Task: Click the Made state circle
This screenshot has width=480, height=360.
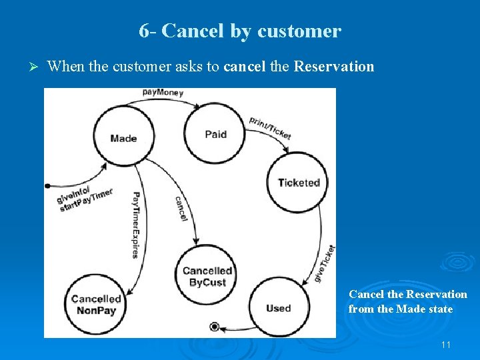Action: pos(123,138)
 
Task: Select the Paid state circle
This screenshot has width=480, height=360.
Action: pos(215,134)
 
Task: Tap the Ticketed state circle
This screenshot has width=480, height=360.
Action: pos(299,183)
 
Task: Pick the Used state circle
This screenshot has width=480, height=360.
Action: pos(278,308)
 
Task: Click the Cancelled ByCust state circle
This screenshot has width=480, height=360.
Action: pos(207,277)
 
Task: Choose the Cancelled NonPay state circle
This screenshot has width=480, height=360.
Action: pos(96,305)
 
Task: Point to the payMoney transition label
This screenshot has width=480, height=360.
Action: pos(163,93)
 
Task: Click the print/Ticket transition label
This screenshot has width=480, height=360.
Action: pos(270,127)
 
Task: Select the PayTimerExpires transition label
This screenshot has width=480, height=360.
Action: pos(135,225)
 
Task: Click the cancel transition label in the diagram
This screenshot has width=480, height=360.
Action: pos(181,208)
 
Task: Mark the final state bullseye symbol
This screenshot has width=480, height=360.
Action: pos(214,326)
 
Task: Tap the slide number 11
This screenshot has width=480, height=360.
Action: pos(446,345)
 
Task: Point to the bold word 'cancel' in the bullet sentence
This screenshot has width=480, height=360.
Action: pos(245,66)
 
